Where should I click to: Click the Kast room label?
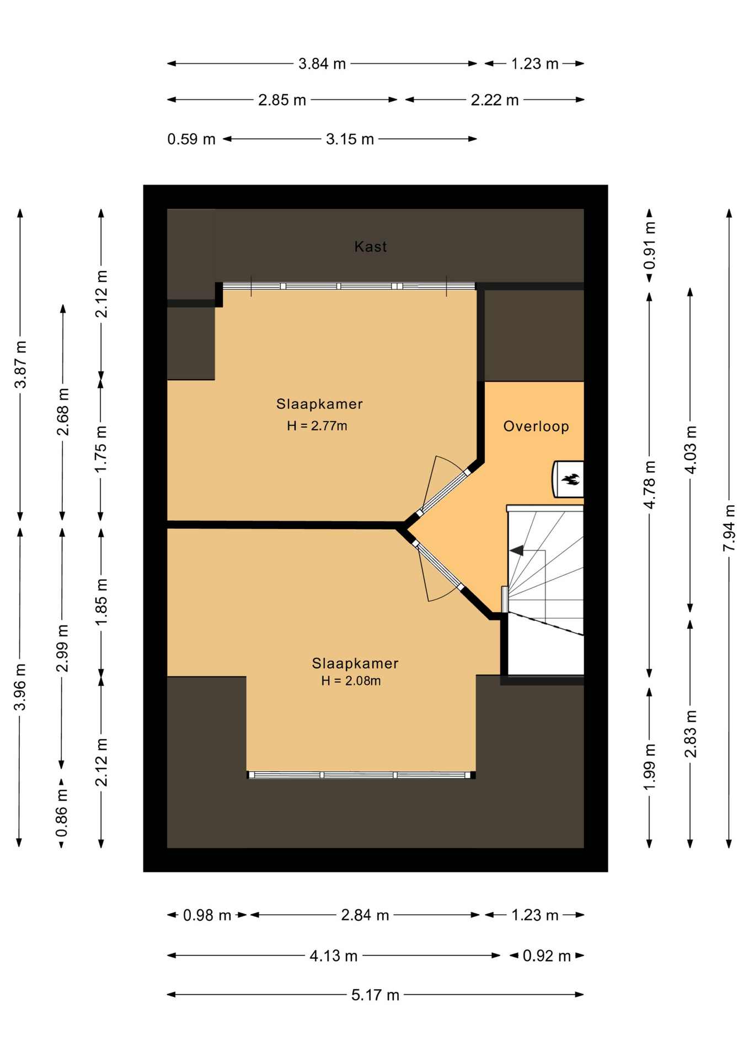point(370,246)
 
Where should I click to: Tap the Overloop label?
point(536,426)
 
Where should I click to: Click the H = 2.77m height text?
point(317,425)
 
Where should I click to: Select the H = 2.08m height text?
point(351,681)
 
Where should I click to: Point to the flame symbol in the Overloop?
point(570,479)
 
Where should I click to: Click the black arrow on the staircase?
point(516,550)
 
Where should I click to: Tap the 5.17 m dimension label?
point(375,995)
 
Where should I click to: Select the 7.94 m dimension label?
point(729,527)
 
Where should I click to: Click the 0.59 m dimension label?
point(191,139)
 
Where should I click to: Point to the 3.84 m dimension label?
point(322,64)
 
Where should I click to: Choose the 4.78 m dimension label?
point(650,485)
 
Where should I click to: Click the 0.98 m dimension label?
point(207,915)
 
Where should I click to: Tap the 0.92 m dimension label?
point(547,956)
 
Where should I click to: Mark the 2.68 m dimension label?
point(63,412)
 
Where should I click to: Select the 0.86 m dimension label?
point(62,812)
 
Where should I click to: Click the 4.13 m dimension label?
point(334,956)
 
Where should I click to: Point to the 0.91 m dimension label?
point(650,245)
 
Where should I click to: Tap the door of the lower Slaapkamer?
point(438,570)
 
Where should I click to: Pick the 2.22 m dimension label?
point(495,100)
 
